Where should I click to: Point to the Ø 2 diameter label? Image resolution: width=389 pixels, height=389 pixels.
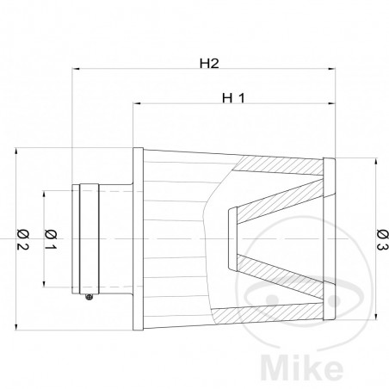click(x=24, y=234)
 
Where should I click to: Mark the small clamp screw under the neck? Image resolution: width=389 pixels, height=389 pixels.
click(x=90, y=298)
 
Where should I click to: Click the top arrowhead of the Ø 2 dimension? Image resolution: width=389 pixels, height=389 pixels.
click(x=18, y=152)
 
